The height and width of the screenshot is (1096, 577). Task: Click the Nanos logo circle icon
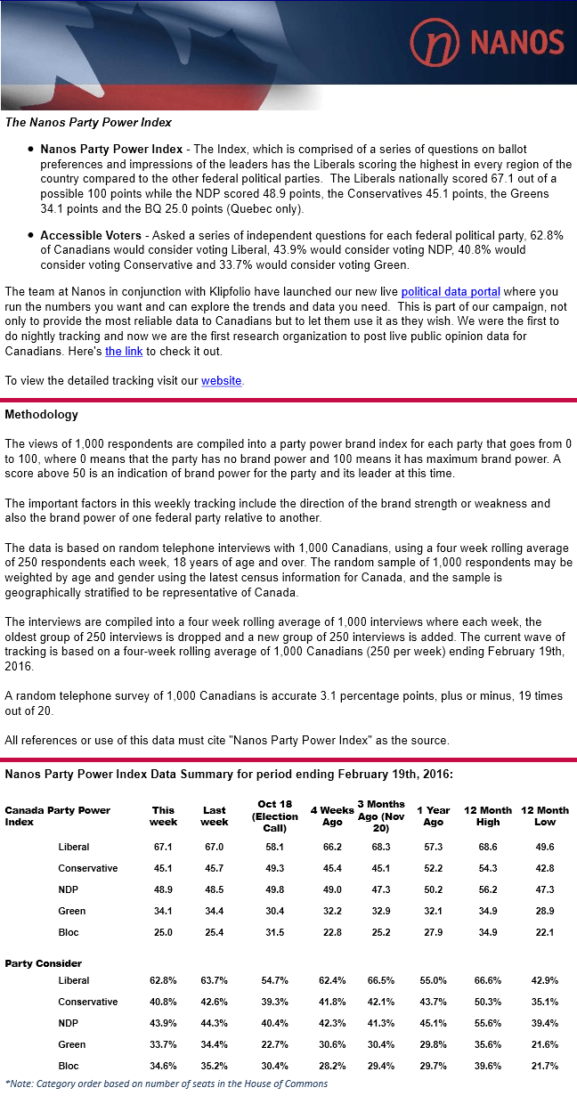click(x=434, y=43)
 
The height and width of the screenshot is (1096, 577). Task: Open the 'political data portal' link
click(x=451, y=291)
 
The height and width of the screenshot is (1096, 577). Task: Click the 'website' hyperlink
click(x=221, y=380)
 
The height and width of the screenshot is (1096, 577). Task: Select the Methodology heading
click(x=41, y=414)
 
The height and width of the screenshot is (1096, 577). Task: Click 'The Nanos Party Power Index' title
click(x=88, y=122)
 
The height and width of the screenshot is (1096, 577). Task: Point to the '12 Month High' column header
click(x=489, y=816)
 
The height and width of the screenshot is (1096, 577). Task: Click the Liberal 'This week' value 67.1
click(x=163, y=847)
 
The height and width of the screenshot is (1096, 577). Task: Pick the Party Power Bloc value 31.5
click(x=274, y=932)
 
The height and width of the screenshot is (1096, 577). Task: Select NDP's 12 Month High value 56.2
click(x=489, y=889)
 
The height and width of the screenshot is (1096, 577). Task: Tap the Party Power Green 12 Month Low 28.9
click(x=544, y=911)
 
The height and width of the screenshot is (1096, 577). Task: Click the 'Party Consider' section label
click(x=43, y=963)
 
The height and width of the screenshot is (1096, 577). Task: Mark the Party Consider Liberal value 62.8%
click(x=163, y=980)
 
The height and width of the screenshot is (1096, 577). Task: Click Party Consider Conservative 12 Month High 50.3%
click(x=489, y=1002)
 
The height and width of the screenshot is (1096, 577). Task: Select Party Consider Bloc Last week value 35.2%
click(x=215, y=1066)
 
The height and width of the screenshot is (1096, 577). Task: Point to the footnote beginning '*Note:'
click(x=166, y=1084)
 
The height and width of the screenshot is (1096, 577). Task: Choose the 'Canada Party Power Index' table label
click(x=57, y=816)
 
